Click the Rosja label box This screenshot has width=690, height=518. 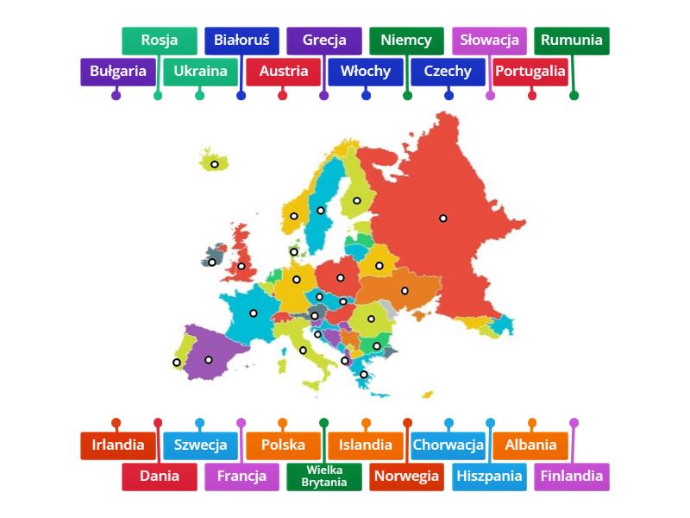point(159,41)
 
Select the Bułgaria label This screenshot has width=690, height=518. point(117,72)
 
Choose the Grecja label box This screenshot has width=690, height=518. point(324,41)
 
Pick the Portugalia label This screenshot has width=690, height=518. point(531,72)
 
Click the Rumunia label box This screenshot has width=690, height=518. point(572,41)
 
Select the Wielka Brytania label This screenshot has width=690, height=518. point(324,477)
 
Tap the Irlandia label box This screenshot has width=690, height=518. point(117,445)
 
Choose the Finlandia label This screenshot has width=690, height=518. point(572,477)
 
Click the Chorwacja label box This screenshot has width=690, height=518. point(448,445)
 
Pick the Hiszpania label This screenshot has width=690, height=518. point(490,477)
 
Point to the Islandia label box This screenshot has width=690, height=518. point(366,445)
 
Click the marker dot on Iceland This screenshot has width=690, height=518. point(215,164)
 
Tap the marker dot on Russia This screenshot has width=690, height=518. point(443,218)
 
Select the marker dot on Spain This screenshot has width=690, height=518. point(208,360)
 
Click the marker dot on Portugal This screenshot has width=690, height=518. point(177,363)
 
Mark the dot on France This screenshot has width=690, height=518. point(254,313)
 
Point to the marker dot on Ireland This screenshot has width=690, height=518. point(212,262)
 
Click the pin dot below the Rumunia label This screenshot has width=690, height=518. point(574,95)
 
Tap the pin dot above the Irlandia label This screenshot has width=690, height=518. point(116,423)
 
